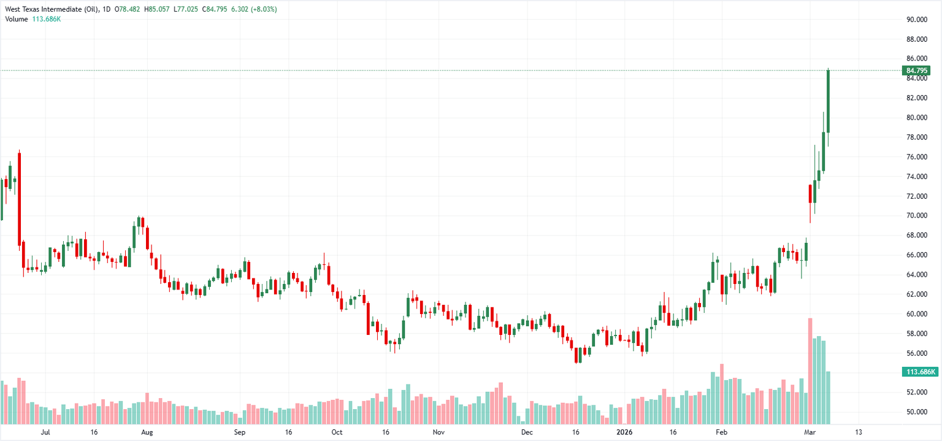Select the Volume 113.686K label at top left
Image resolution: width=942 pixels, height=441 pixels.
tap(33, 19)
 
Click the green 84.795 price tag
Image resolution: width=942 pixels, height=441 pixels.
tap(917, 71)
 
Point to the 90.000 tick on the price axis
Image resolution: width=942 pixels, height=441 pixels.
tap(917, 20)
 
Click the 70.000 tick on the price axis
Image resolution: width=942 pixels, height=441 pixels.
tap(917, 216)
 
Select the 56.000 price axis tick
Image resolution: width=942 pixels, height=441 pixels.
tap(917, 353)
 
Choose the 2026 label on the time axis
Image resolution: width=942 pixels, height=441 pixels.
tap(623, 432)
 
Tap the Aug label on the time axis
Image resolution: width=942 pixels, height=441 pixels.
tap(147, 432)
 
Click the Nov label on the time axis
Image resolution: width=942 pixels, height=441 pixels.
tap(438, 432)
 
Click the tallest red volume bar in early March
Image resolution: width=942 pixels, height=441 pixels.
tap(810, 370)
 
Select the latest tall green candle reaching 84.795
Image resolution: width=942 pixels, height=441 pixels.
tap(828, 101)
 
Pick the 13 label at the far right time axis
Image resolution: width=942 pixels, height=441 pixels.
tap(858, 432)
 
